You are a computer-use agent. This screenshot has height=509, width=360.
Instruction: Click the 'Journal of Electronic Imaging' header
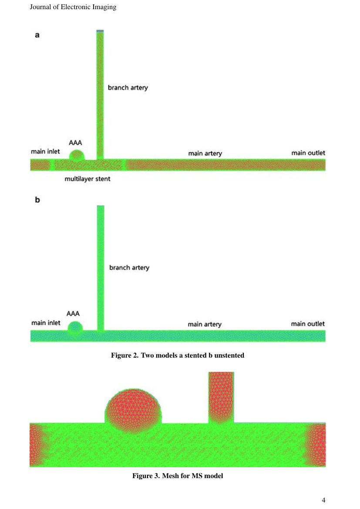[73, 7]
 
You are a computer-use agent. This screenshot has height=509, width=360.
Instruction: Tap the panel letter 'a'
[37, 35]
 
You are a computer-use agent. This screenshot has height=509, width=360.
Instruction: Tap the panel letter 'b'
[37, 200]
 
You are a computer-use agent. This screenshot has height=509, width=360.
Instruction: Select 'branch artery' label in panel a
[128, 87]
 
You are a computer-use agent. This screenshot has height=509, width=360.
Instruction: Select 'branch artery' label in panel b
[129, 268]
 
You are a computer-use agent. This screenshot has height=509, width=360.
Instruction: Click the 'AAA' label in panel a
[75, 143]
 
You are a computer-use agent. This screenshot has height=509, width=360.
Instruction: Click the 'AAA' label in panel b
[73, 314]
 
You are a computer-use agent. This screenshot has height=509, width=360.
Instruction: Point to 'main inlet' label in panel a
[45, 151]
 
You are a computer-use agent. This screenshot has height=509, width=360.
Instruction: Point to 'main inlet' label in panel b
[46, 323]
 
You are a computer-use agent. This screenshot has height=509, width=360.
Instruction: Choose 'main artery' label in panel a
[205, 153]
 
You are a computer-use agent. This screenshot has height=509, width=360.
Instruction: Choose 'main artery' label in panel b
[205, 324]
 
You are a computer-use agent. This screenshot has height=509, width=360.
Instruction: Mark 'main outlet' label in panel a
[308, 153]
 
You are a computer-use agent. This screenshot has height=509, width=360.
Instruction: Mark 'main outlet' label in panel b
[308, 324]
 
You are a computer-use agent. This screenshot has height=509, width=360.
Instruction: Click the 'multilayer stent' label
[87, 179]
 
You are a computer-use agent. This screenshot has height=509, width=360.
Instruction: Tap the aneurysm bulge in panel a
[77, 155]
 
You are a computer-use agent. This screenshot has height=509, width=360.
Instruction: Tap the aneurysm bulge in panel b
[75, 327]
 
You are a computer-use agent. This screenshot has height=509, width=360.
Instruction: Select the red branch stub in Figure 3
[221, 398]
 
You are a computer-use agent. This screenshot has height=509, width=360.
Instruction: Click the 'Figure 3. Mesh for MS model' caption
[178, 476]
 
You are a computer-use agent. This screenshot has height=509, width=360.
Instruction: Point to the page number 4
[323, 500]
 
